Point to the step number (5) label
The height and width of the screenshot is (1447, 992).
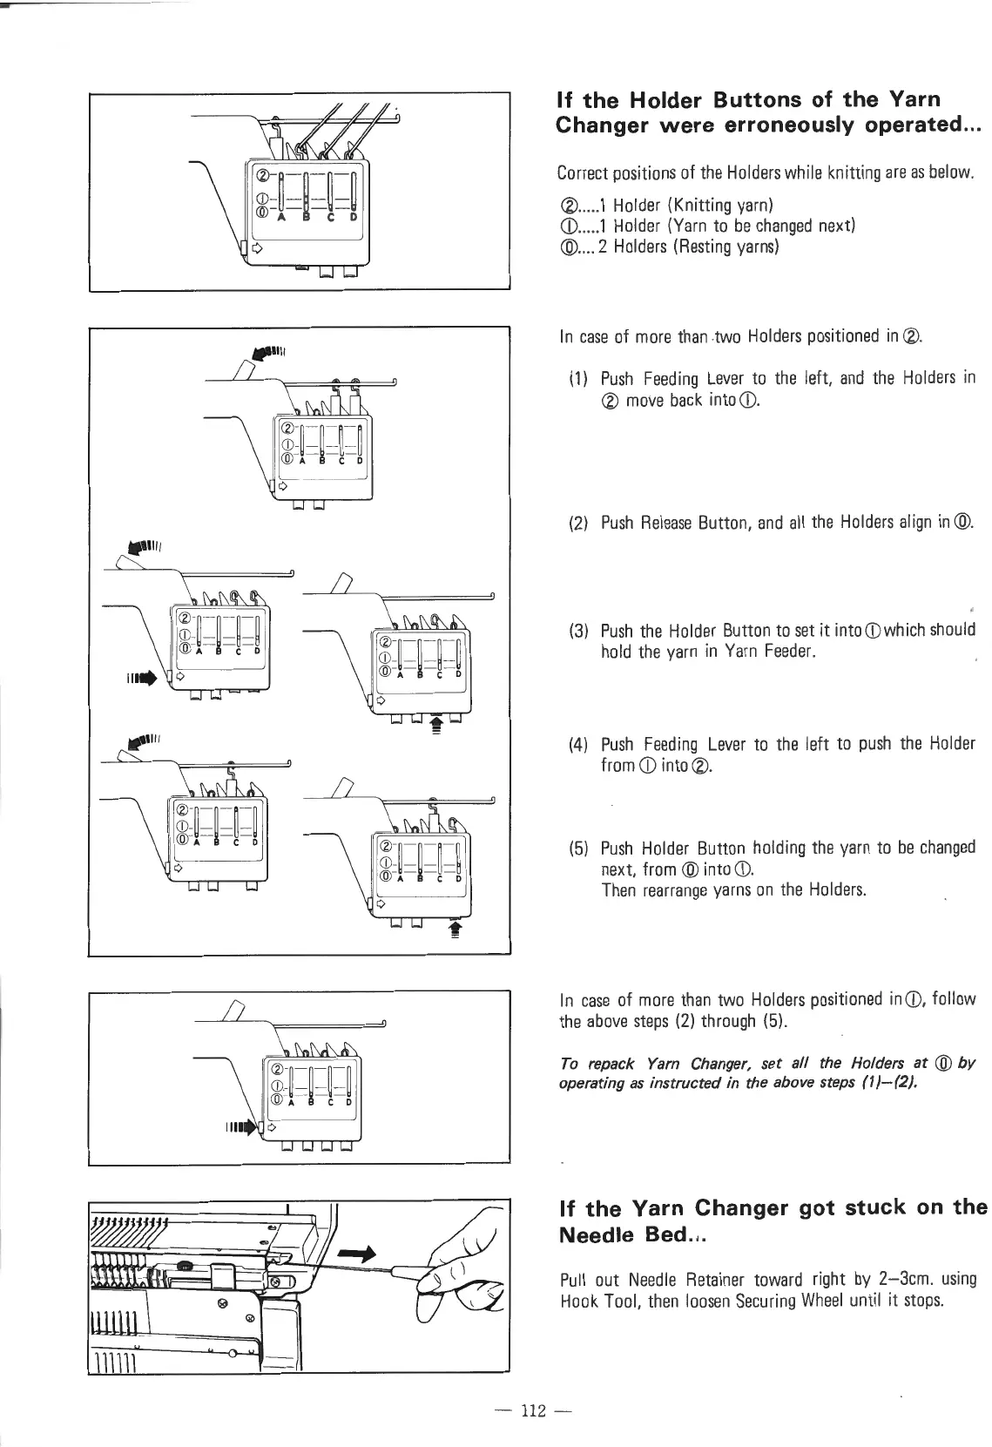pyautogui.click(x=578, y=848)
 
